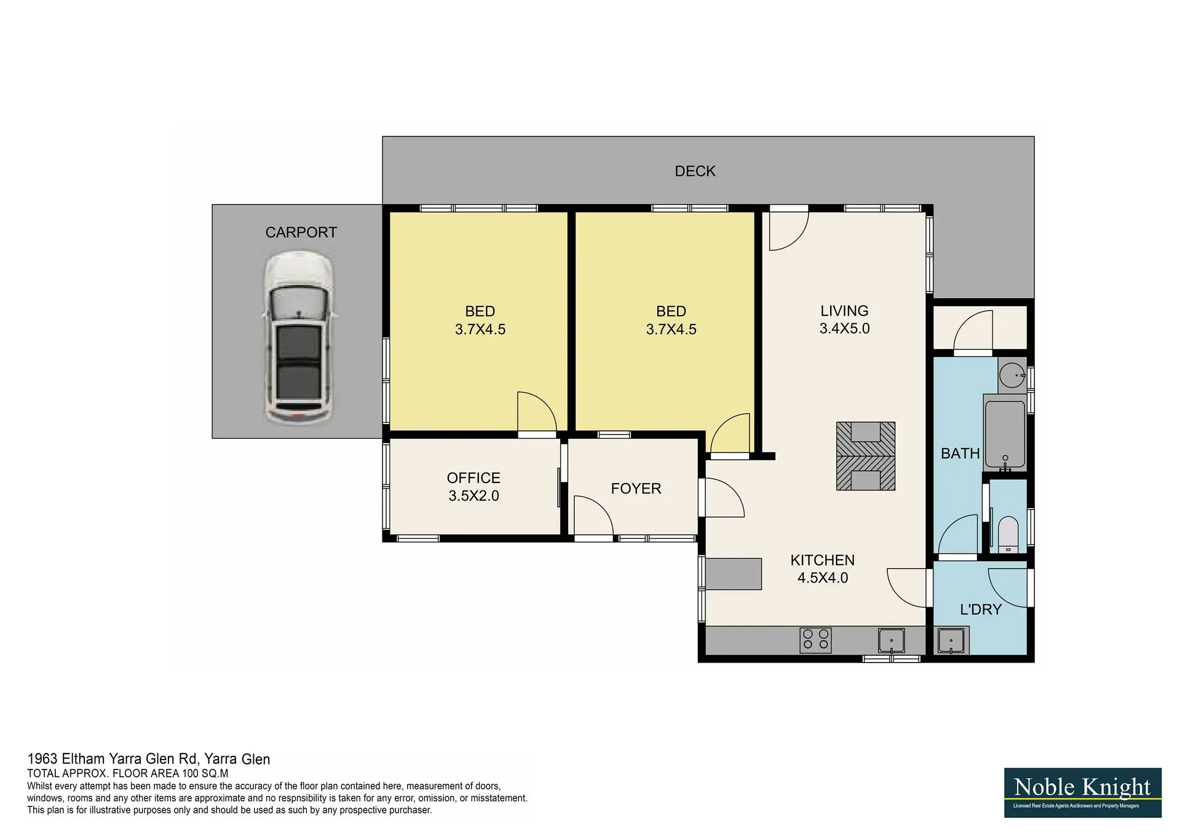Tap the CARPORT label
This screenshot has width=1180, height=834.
tap(301, 232)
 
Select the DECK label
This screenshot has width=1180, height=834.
tap(695, 171)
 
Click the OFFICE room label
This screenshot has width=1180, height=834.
tap(473, 478)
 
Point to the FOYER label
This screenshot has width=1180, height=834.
tap(636, 489)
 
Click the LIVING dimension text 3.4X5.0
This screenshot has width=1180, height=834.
tap(844, 329)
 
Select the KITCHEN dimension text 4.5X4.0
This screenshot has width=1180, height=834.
tap(823, 578)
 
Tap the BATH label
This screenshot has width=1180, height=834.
tap(960, 454)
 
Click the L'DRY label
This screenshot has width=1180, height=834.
tap(981, 610)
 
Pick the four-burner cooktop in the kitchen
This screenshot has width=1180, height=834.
tap(815, 640)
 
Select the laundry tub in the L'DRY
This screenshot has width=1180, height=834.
tap(951, 641)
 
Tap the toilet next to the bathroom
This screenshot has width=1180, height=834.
tap(1008, 535)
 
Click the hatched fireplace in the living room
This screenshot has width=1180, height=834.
tap(865, 456)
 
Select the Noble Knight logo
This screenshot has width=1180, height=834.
tap(1082, 792)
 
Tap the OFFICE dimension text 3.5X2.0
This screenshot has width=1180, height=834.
tap(473, 496)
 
